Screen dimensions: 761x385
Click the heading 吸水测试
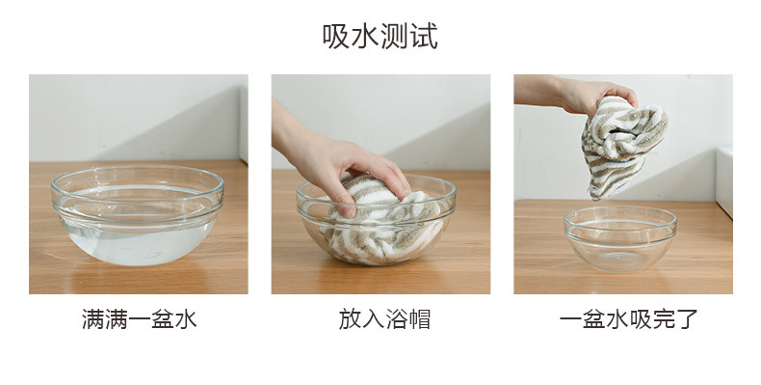tap(380, 37)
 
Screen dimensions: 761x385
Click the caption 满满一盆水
tap(140, 319)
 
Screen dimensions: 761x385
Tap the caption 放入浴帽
tap(384, 319)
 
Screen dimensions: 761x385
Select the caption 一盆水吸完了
tap(628, 319)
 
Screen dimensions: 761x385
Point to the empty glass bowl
tap(620, 238)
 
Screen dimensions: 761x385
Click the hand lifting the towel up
tap(578, 94)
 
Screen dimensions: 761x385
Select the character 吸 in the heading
tap(336, 37)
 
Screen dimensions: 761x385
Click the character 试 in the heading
tap(424, 37)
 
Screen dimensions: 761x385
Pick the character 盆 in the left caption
tap(163, 319)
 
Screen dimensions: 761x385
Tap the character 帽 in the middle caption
tap(419, 319)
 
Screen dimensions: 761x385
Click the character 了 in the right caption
tap(687, 319)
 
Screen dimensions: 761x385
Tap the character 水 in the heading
tap(365, 37)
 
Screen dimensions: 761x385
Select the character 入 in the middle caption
tap(373, 319)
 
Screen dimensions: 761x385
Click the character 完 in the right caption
tap(664, 319)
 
